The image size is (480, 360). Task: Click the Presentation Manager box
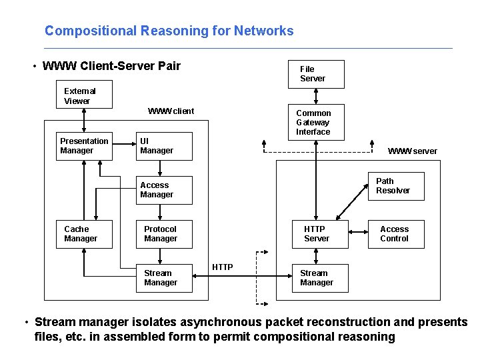84,146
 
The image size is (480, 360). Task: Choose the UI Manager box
164,146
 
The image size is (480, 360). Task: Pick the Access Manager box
164,190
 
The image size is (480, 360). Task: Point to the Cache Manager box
84,234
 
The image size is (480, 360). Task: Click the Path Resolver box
396,186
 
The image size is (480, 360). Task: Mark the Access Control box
396,234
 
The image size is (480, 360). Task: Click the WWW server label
413,151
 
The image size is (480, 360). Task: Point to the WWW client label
171,111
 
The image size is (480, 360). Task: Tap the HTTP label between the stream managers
223,267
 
